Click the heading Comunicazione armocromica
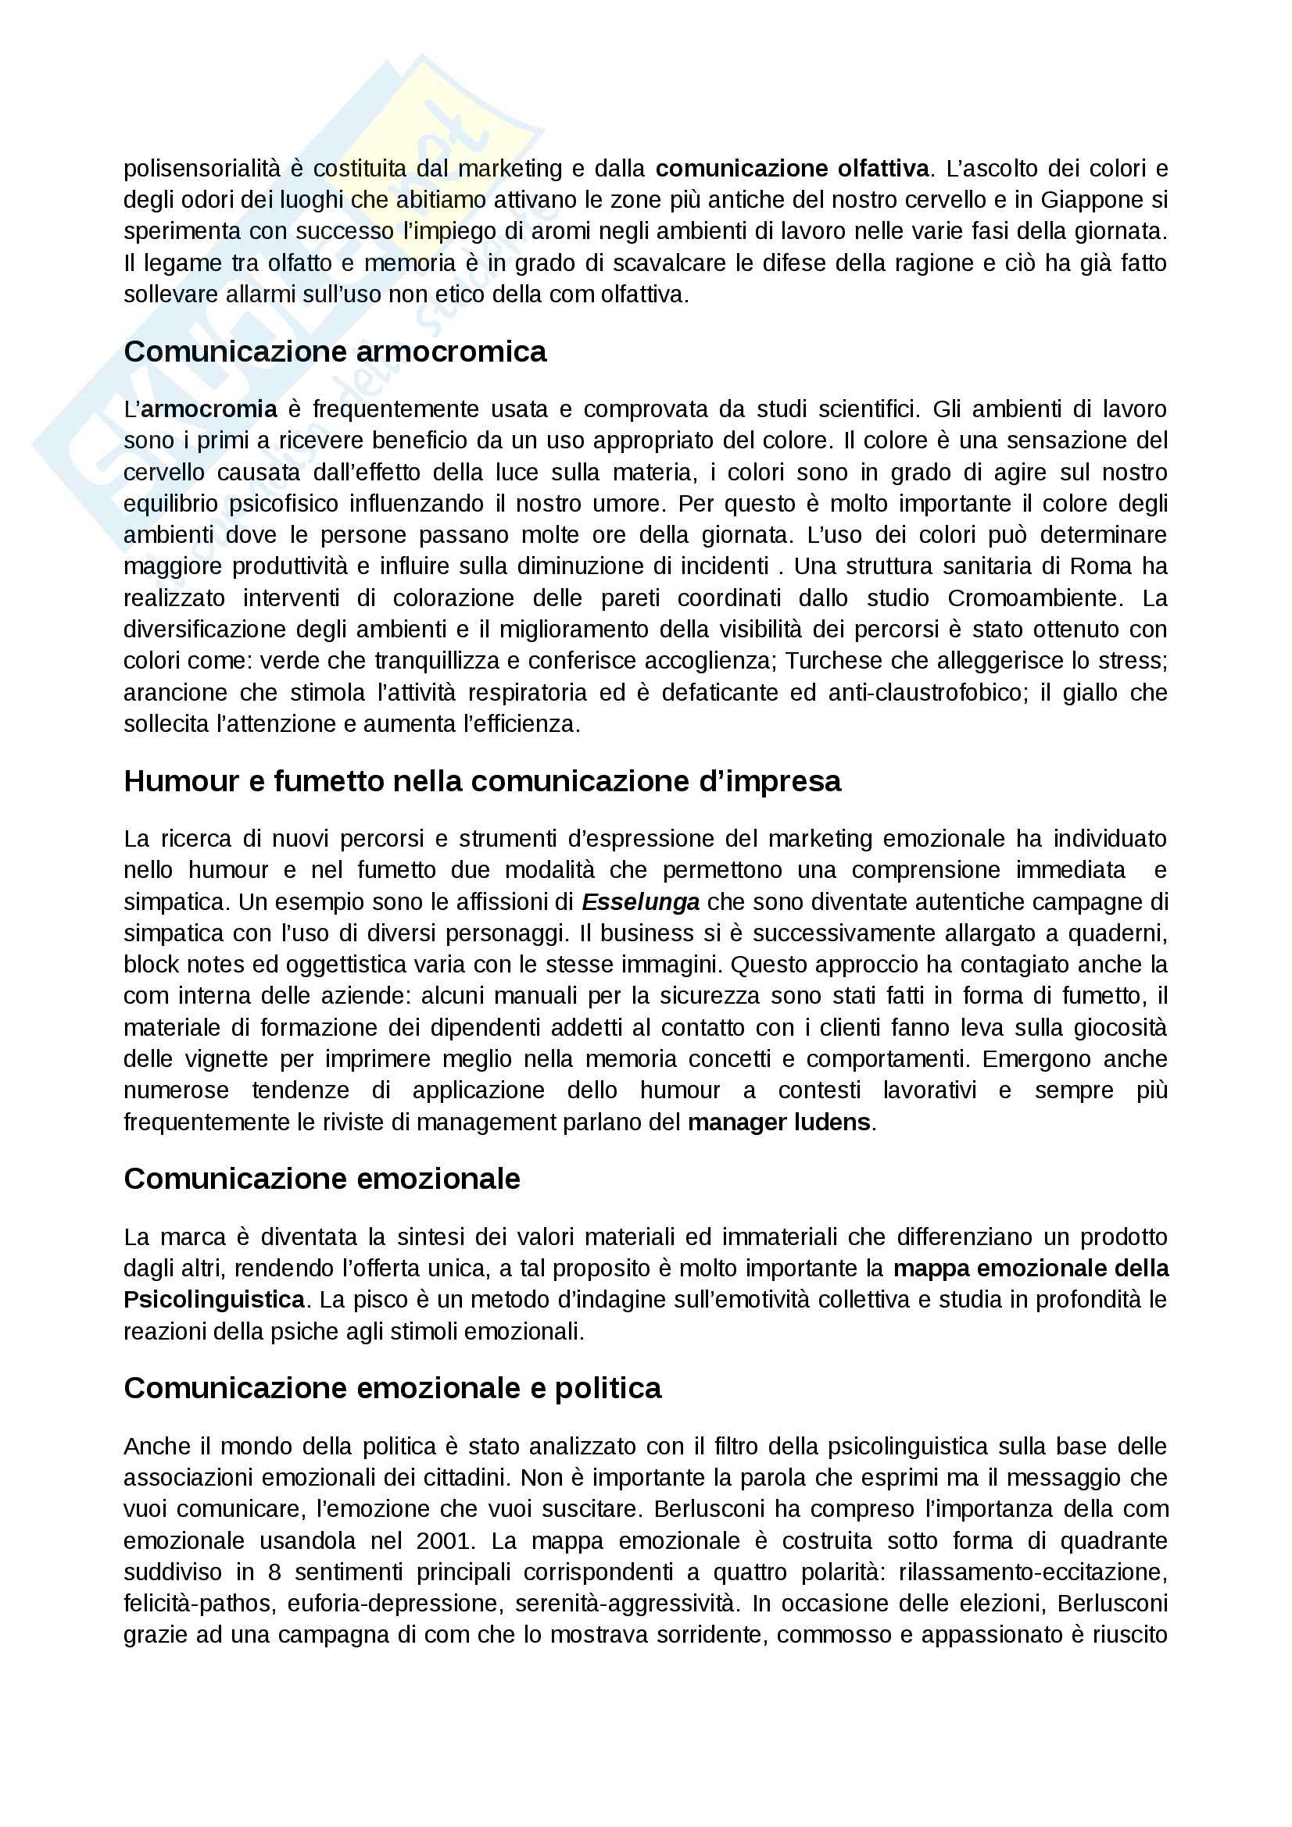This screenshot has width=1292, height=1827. [335, 351]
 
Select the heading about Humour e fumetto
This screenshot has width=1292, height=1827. [481, 781]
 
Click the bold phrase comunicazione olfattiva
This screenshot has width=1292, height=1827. [792, 168]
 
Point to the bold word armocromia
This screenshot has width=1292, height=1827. [209, 409]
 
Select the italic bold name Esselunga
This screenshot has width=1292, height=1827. [640, 901]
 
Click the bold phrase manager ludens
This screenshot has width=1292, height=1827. [779, 1122]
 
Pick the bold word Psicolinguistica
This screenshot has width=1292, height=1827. [214, 1300]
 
